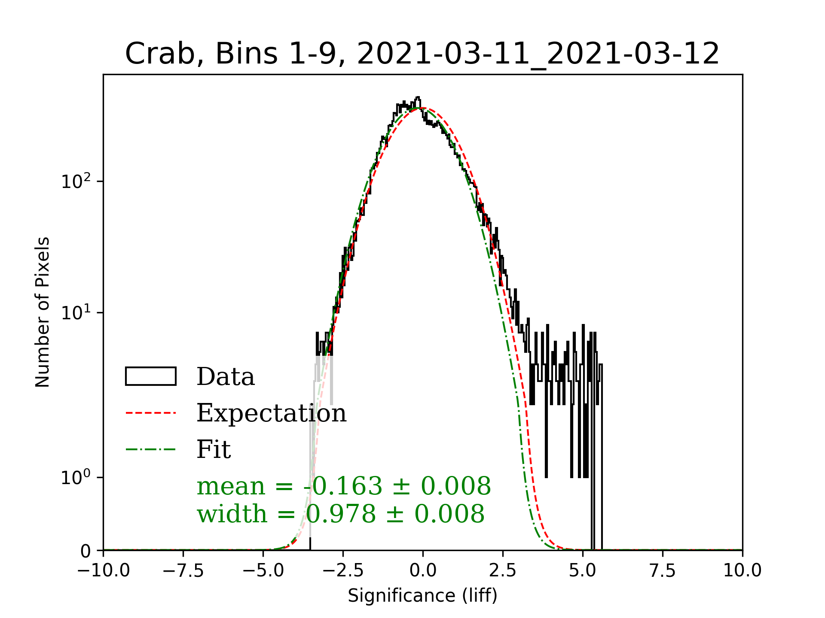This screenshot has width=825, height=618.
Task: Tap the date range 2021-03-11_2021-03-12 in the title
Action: [538, 54]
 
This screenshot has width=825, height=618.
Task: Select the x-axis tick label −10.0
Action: [104, 571]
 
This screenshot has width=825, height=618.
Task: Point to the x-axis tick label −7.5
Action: [183, 571]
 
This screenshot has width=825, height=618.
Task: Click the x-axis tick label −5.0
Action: [263, 571]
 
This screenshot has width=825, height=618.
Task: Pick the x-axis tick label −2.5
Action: [343, 571]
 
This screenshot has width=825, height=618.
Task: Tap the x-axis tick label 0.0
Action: [423, 571]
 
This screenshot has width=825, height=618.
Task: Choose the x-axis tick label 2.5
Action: [503, 571]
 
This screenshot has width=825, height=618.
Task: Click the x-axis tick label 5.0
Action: [583, 571]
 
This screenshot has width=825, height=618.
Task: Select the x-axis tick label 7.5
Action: [663, 571]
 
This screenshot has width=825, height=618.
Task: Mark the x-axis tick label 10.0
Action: [742, 571]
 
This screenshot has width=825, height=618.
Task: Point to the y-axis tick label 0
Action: [86, 551]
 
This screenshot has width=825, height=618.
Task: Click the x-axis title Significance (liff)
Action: [422, 596]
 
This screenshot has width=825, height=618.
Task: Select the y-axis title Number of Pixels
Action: [43, 312]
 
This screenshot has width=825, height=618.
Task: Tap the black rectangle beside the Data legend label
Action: [151, 376]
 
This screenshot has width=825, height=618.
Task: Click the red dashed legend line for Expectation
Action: [151, 413]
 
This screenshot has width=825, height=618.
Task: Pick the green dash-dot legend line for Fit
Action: [151, 449]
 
